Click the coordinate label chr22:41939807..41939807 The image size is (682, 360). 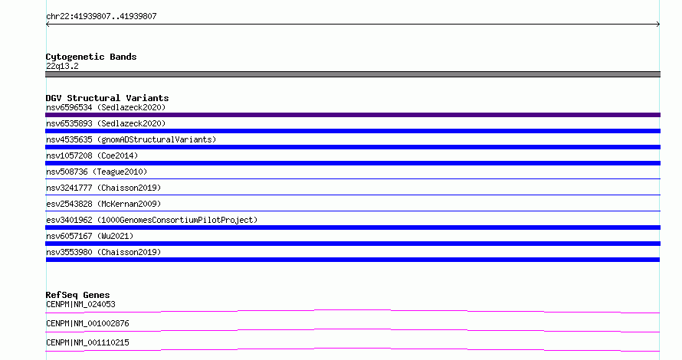(101, 17)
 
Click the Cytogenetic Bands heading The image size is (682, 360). (91, 57)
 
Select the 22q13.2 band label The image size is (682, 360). (62, 66)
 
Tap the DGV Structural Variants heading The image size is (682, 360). (107, 98)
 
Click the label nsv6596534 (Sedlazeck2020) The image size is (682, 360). (106, 107)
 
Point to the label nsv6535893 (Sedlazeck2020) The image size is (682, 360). (106, 123)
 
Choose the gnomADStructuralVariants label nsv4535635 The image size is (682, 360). (131, 139)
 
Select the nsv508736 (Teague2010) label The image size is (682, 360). (97, 172)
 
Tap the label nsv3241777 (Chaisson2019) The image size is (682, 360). (103, 188)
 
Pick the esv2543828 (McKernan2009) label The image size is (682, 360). (103, 204)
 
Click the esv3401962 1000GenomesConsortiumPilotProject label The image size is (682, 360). (152, 220)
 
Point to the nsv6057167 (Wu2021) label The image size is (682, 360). (90, 236)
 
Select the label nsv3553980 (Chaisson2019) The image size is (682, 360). (103, 252)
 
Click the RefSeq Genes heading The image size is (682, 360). (77, 295)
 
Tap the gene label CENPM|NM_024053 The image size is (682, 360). (80, 304)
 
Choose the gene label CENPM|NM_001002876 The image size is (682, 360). (87, 323)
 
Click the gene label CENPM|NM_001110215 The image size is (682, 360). (87, 342)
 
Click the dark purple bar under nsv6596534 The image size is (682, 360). (352, 115)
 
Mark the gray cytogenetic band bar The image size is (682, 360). (352, 74)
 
